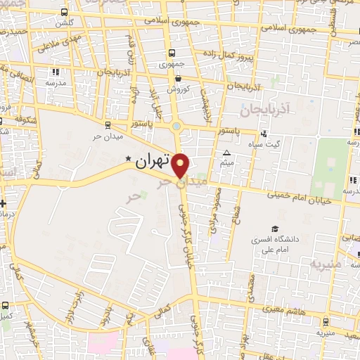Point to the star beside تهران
pos(128,158)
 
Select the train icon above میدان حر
pos(107,125)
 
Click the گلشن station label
pos(65,22)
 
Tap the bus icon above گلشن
pos(65,13)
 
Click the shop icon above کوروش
pos(179,79)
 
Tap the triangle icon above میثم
pos(226,153)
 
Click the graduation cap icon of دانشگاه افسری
pos(276,229)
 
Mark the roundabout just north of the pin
pos(176,127)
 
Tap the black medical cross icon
pos(4,203)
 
